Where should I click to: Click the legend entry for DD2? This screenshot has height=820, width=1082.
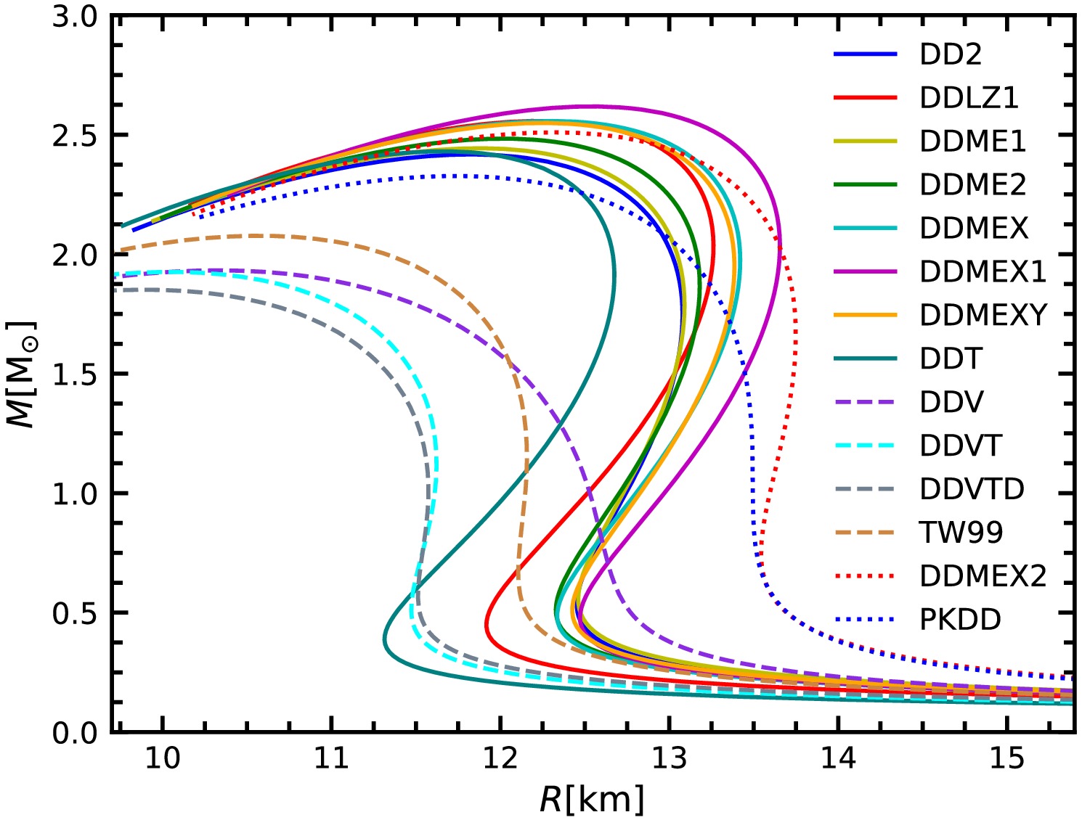[x=950, y=54]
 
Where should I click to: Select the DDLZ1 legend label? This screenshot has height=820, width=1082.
[x=969, y=98]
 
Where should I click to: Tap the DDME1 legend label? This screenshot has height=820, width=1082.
[x=972, y=142]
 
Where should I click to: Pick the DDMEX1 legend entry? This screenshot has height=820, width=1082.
[x=983, y=271]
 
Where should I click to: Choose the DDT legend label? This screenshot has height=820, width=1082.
[x=951, y=358]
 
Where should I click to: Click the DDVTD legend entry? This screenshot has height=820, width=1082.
[x=972, y=489]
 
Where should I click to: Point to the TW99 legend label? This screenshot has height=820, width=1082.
[x=961, y=533]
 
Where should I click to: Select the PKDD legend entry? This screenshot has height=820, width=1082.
[x=960, y=620]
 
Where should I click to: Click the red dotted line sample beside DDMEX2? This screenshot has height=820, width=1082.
[x=865, y=576]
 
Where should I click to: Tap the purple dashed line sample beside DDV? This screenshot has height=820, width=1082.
[x=865, y=402]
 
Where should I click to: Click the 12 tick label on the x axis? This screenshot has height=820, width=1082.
[x=500, y=758]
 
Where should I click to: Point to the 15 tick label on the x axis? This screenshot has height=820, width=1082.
[x=1007, y=758]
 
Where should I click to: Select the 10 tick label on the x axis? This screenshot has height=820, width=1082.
[x=163, y=758]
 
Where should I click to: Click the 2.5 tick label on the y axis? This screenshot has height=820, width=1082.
[x=75, y=136]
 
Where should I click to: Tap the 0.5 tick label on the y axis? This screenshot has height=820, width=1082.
[x=75, y=613]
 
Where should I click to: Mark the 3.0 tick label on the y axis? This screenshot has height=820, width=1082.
[x=75, y=17]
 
